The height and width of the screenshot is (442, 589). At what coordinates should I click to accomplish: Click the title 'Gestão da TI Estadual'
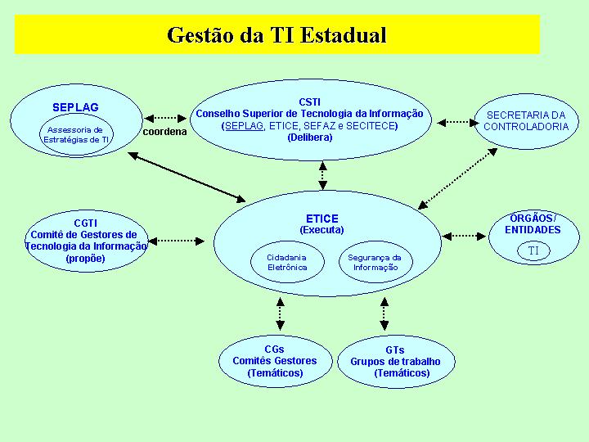(277, 35)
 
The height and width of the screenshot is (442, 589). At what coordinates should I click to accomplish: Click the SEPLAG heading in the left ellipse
(75, 107)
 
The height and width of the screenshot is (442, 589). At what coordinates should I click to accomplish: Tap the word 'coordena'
(164, 132)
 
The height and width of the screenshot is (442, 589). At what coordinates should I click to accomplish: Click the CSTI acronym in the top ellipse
(310, 101)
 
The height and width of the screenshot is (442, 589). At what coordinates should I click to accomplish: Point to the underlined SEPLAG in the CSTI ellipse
(244, 125)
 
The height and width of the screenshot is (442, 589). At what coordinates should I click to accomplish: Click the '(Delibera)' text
(310, 138)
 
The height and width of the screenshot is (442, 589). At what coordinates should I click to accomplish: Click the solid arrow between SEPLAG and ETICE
(187, 177)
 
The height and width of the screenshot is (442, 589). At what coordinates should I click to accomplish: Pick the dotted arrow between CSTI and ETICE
(322, 175)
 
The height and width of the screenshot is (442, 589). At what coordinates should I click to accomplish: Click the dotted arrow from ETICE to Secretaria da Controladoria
(457, 178)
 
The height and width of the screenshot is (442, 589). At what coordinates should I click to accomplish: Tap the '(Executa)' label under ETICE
(322, 230)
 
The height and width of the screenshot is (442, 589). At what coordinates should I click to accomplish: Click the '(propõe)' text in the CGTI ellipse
(86, 259)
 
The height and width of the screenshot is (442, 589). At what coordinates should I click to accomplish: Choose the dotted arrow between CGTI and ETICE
(176, 241)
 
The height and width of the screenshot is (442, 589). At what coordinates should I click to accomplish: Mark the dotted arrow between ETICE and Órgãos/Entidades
(465, 236)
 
